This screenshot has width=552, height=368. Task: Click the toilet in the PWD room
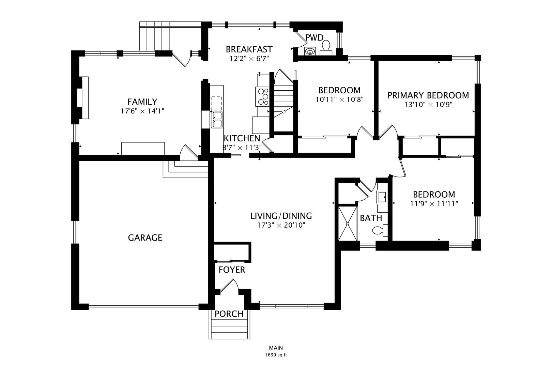(x=326, y=48)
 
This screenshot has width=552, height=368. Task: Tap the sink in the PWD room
(x=310, y=51)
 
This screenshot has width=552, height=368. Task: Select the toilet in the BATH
(x=380, y=230)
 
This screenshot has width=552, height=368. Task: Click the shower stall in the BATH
(x=348, y=224)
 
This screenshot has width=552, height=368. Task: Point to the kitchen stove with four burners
(x=262, y=96)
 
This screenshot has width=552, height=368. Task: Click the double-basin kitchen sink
(x=217, y=120)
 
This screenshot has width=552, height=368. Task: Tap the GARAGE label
(x=145, y=237)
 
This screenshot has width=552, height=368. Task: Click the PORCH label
(x=229, y=314)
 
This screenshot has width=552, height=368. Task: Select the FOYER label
(x=232, y=270)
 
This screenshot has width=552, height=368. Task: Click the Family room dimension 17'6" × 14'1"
(x=142, y=111)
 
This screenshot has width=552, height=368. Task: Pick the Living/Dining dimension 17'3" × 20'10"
(x=281, y=225)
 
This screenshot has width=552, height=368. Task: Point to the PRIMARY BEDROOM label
(x=428, y=95)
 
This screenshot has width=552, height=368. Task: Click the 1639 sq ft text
(x=276, y=355)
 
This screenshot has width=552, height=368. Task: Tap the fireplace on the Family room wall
(x=83, y=98)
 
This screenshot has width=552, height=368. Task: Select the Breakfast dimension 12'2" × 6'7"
(x=249, y=59)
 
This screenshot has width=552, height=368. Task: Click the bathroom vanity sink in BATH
(x=382, y=197)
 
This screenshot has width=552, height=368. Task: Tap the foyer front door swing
(x=229, y=286)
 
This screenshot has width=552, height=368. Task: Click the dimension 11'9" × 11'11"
(x=434, y=204)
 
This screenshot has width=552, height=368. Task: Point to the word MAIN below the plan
(x=276, y=348)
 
